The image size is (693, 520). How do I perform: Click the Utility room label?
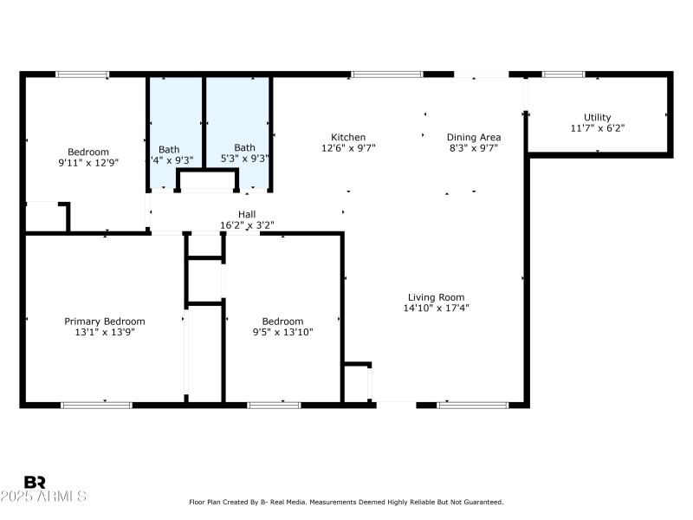(597, 117)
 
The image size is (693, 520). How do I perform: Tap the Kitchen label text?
(348, 137)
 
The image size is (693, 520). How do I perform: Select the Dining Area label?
(473, 137)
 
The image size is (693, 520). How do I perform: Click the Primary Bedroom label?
(105, 321)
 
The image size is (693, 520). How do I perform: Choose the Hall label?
(247, 214)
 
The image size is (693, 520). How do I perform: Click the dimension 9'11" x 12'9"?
(88, 162)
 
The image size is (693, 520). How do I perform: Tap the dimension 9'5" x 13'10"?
(282, 331)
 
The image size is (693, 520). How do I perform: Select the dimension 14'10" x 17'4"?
(437, 308)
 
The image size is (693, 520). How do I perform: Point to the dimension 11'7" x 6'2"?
(597, 127)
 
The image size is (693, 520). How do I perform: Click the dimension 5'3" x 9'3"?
(244, 159)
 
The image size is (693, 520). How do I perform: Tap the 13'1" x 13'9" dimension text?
(105, 331)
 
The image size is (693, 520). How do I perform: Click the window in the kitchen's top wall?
(387, 75)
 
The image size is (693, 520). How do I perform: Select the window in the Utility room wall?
(563, 75)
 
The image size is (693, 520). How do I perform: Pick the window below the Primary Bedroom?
(96, 405)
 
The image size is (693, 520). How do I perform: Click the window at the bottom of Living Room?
(472, 405)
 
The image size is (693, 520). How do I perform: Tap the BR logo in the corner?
(35, 482)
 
